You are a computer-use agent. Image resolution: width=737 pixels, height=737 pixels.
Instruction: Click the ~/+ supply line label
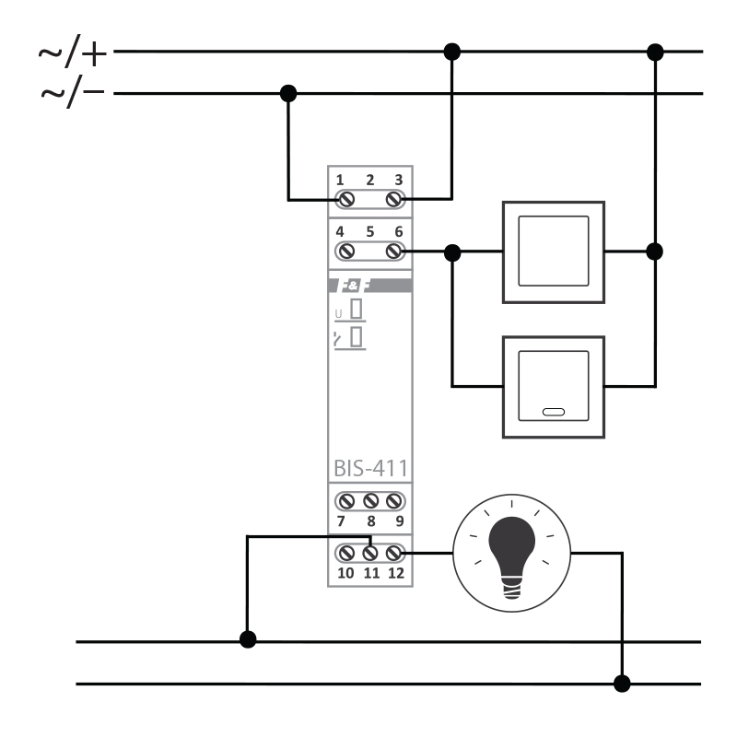pyautogui.click(x=73, y=53)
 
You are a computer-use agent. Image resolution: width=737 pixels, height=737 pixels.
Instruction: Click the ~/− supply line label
pyautogui.click(x=73, y=93)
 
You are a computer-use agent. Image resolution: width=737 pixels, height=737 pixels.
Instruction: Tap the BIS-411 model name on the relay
pyautogui.click(x=368, y=468)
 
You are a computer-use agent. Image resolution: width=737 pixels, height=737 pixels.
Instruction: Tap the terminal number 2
pyautogui.click(x=369, y=180)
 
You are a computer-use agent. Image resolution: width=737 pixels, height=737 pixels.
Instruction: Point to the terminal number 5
pyautogui.click(x=369, y=232)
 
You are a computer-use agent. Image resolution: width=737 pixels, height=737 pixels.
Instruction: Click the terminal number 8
pyautogui.click(x=369, y=521)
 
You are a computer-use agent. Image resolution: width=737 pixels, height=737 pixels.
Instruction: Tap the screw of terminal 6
pyautogui.click(x=394, y=251)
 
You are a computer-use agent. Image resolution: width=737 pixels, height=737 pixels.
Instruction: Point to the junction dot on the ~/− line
pyautogui.click(x=288, y=93)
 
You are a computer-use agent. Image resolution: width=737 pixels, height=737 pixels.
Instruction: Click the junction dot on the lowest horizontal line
pyautogui.click(x=623, y=684)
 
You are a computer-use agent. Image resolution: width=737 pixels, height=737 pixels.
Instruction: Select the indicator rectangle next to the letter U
pyautogui.click(x=355, y=310)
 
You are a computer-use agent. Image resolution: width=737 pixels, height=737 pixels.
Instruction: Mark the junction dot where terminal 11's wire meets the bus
pyautogui.click(x=247, y=639)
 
